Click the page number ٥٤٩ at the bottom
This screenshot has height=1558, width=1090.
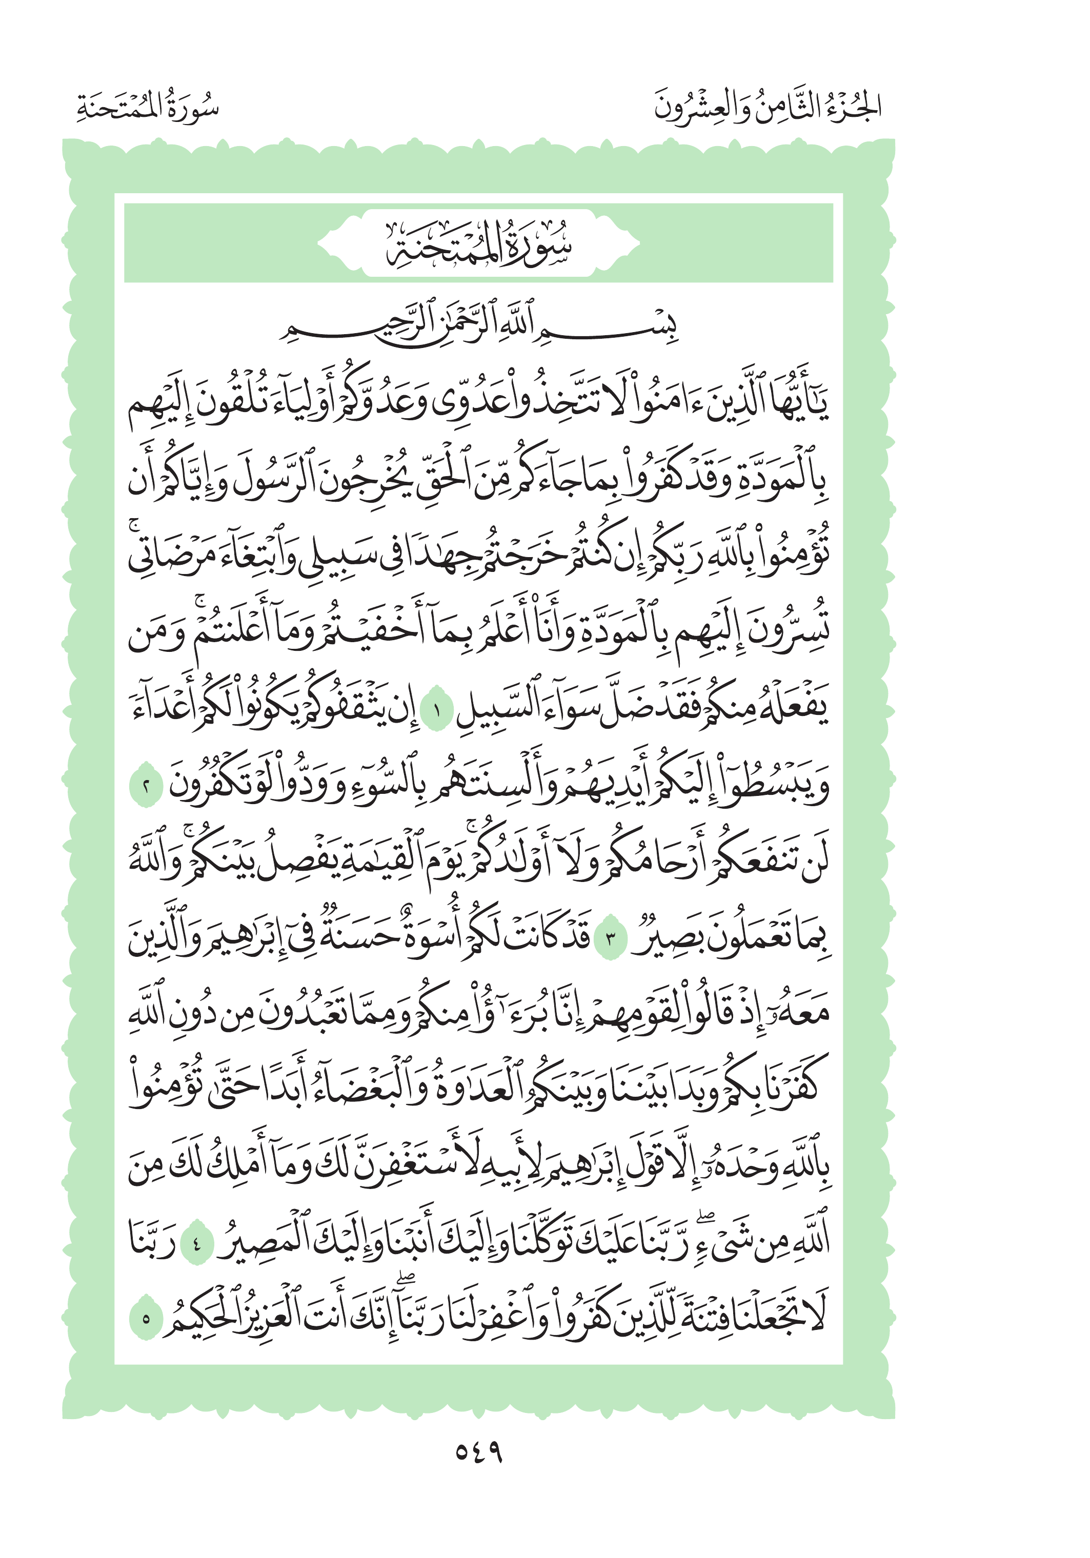pos(478,1452)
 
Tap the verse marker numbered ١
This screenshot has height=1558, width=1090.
pos(436,713)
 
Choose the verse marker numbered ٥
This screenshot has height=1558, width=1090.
pos(146,1319)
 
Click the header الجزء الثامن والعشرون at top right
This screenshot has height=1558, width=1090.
pos(768,107)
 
